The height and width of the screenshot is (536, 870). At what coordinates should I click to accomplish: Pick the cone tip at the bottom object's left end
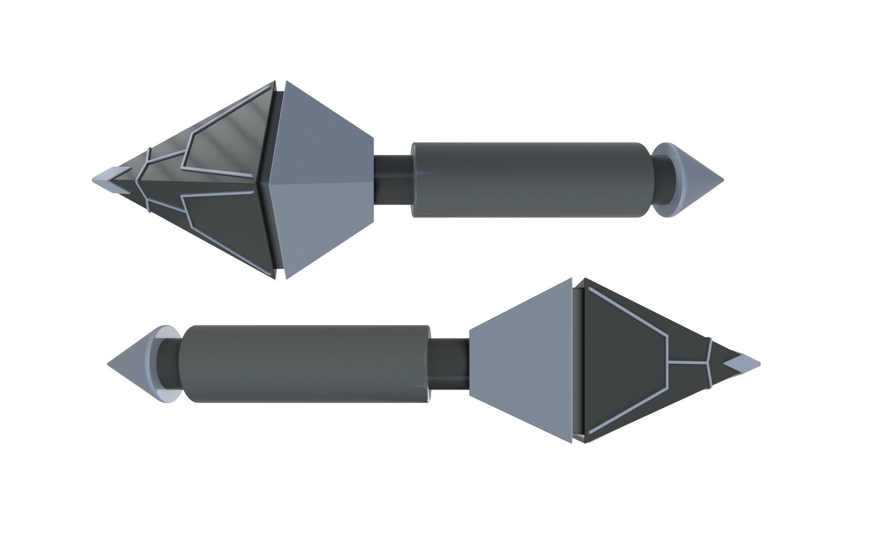click(132, 364)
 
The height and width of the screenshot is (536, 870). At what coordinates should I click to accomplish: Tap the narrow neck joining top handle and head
click(393, 179)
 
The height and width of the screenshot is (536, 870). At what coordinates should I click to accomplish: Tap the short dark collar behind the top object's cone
click(663, 180)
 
